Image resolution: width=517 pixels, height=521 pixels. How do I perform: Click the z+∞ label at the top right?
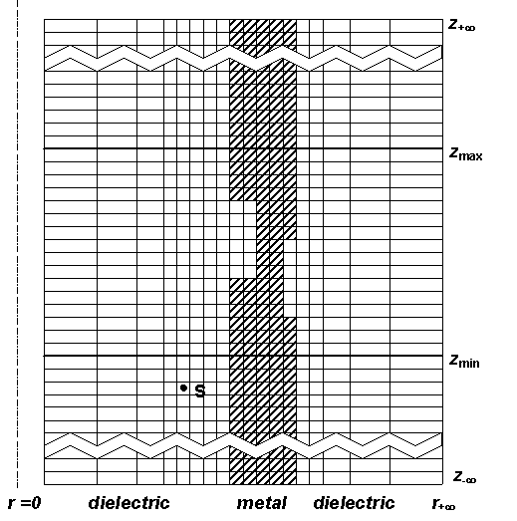click(462, 25)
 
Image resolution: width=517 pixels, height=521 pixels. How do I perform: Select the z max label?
click(466, 153)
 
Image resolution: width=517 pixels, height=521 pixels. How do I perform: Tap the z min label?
click(464, 361)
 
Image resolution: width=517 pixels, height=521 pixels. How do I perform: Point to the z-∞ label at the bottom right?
click(465, 477)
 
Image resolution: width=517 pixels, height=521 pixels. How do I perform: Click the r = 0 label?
click(24, 503)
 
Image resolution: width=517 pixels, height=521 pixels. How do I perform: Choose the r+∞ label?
click(443, 504)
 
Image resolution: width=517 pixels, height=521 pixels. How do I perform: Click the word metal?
click(262, 503)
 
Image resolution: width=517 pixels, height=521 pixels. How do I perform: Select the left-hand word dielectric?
click(129, 503)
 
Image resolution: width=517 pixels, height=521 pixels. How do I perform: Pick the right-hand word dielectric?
click(354, 503)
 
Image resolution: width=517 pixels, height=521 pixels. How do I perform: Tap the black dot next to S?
click(183, 388)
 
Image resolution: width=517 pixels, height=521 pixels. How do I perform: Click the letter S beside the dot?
click(199, 391)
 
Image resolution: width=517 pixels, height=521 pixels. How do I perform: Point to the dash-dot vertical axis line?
click(17, 244)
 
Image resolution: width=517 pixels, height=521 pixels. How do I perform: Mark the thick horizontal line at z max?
click(243, 148)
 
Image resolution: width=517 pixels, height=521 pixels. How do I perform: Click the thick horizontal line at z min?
click(243, 356)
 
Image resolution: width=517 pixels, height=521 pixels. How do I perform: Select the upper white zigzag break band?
click(243, 59)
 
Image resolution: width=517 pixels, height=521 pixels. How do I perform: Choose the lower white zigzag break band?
click(243, 446)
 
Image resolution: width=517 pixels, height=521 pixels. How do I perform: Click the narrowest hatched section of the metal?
click(270, 259)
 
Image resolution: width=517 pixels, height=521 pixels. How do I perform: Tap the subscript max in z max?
click(470, 156)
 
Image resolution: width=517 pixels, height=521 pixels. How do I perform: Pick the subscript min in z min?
click(469, 364)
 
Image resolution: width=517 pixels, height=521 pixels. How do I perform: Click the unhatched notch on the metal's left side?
click(243, 239)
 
